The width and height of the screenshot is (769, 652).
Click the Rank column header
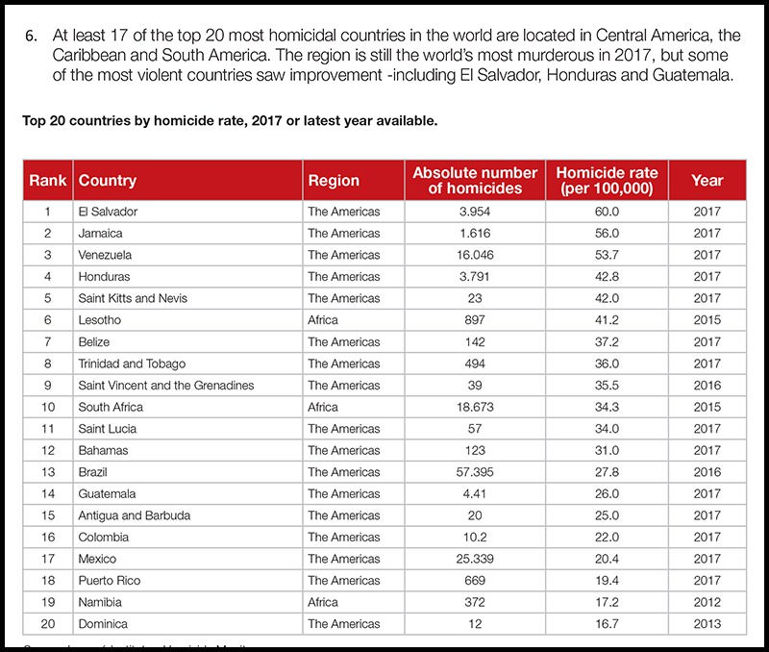click(x=46, y=180)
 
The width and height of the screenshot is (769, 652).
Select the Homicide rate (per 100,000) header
click(x=604, y=180)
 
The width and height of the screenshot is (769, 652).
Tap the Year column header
click(x=707, y=180)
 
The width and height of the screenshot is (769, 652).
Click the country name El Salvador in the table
click(x=109, y=211)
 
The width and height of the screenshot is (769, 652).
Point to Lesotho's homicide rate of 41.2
click(x=604, y=320)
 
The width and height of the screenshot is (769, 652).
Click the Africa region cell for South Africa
click(x=323, y=407)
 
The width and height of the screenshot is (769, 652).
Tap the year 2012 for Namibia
click(x=707, y=602)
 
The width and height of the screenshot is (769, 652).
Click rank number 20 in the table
click(x=46, y=623)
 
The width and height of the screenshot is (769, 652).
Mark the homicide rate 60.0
click(x=604, y=211)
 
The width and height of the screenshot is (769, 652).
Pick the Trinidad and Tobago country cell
click(x=132, y=364)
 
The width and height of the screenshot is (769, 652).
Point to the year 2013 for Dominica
click(x=707, y=623)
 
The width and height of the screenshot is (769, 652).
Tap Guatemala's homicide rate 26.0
click(x=604, y=493)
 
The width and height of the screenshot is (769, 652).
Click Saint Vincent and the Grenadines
click(x=166, y=385)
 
